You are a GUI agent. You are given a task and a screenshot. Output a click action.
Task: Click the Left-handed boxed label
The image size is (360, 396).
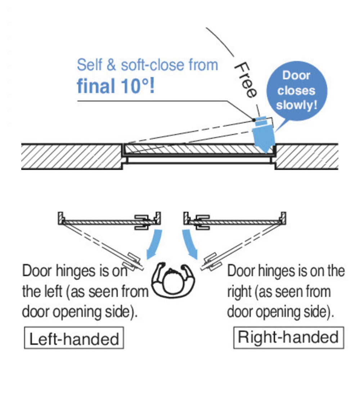(74, 338)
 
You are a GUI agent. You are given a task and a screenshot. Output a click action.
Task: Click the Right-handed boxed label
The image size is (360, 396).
(288, 338)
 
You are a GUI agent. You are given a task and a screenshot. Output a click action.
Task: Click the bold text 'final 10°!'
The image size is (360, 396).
(116, 87)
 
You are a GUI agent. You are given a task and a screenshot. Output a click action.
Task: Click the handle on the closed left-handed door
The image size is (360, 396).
(142, 222)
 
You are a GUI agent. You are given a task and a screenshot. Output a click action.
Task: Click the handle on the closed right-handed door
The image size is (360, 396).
(202, 222)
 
